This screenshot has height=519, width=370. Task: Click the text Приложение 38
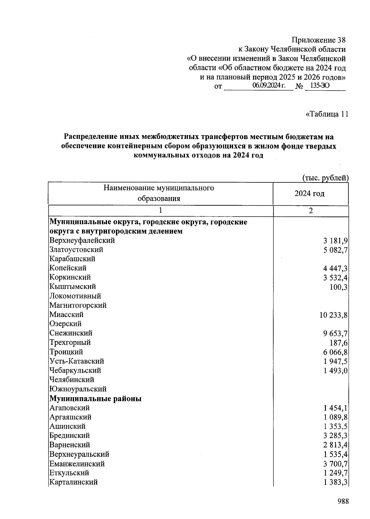click(319, 40)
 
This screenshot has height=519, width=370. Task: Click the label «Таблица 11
click(327, 114)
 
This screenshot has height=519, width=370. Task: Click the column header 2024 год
click(309, 194)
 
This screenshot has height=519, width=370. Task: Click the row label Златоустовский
click(76, 249)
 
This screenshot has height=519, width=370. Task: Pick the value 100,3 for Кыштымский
click(339, 287)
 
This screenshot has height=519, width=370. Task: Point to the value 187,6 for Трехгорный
click(339, 343)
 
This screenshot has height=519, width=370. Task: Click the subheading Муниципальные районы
click(95, 398)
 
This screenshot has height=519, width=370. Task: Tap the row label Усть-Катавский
click(76, 361)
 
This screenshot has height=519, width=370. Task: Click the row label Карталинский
click(73, 482)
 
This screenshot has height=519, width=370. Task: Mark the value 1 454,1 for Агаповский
click(335, 408)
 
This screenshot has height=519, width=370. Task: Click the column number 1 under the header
click(160, 211)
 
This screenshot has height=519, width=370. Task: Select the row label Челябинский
click(72, 380)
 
